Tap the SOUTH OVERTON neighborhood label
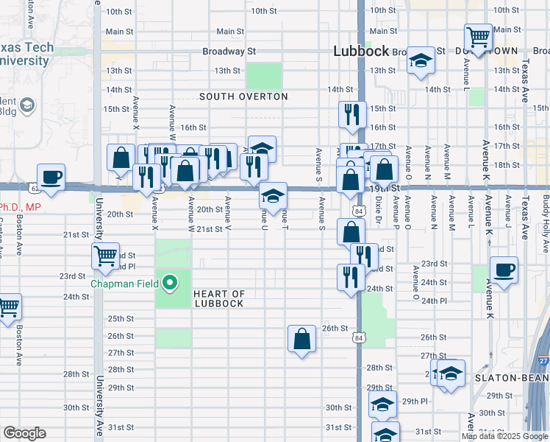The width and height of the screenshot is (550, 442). [x=243, y=97]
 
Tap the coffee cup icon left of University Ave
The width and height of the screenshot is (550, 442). [x=51, y=178]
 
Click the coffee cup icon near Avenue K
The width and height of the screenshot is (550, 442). [x=504, y=270]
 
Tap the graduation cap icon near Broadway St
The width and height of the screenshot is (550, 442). [x=421, y=60]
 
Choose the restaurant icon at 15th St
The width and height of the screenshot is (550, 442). [x=352, y=114]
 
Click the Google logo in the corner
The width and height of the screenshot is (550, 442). [x=24, y=433]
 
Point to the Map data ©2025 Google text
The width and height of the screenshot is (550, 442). [x=504, y=436]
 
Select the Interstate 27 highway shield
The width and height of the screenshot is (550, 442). [x=543, y=361]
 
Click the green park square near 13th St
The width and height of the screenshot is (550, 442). [x=264, y=74]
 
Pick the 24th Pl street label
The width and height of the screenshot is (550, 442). [x=434, y=301]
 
